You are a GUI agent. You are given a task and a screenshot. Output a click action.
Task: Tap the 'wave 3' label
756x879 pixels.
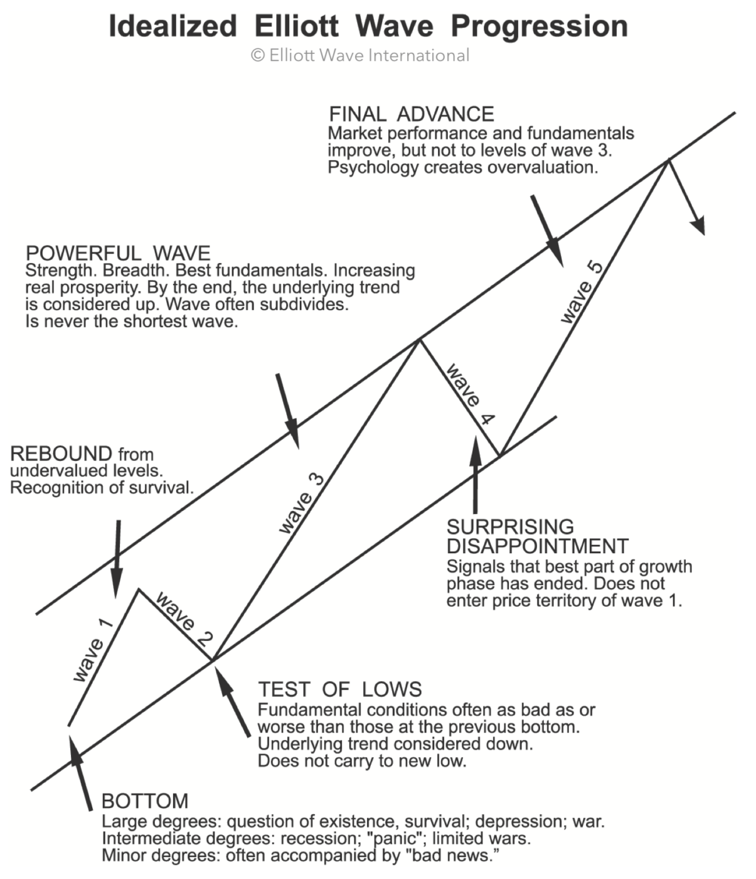[302, 504]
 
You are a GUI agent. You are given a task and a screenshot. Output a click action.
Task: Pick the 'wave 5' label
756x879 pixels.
[582, 292]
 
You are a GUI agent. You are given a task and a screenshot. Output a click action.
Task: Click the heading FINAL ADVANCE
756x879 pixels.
[412, 114]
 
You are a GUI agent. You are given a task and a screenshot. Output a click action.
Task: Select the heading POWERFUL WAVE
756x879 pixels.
[118, 253]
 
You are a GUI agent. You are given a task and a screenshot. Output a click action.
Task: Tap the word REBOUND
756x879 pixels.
[61, 453]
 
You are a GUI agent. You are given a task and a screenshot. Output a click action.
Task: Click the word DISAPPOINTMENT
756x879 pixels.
[537, 546]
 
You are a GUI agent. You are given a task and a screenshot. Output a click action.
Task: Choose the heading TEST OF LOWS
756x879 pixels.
[339, 689]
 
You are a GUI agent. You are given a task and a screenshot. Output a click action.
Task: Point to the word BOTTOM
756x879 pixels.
[145, 801]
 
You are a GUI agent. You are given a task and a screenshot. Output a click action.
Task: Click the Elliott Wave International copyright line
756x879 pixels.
[360, 55]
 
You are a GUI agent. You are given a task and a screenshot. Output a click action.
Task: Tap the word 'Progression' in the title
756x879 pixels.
[539, 26]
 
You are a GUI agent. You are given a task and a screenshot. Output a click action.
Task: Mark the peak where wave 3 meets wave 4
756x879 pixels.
[418, 340]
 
